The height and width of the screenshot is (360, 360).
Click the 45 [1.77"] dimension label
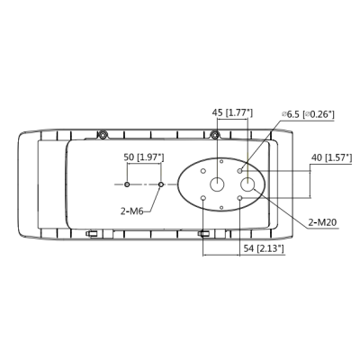coord(231,112)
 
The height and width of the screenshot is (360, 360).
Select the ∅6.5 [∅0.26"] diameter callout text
coord(307,113)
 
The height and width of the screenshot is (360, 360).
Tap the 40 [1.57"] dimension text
coord(328,158)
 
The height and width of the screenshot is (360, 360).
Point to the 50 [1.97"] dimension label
coord(144,157)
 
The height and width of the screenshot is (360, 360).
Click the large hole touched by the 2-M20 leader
coord(247,184)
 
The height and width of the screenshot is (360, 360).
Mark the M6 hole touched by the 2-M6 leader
coord(160,184)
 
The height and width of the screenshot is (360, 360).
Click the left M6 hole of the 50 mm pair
coord(127,184)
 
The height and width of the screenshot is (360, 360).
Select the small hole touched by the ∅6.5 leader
coord(239,169)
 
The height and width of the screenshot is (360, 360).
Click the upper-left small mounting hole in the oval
coord(204,169)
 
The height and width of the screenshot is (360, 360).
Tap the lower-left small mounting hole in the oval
coord(204,198)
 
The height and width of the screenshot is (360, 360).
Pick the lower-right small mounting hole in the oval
coord(239,198)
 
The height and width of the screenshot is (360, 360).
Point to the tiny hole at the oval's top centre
coord(222,160)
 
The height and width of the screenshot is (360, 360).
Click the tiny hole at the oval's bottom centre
coord(222,207)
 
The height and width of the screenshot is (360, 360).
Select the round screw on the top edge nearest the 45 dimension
coord(215,135)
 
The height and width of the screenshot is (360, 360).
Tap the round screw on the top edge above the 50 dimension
coord(104,135)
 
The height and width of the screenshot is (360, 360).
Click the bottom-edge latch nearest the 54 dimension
coord(204,234)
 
